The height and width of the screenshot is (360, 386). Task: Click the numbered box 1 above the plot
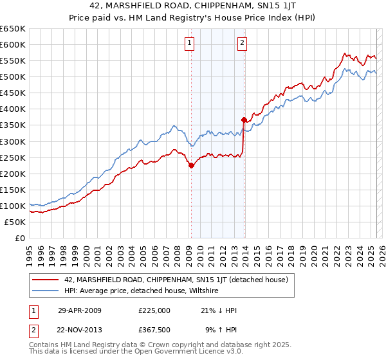click(190, 44)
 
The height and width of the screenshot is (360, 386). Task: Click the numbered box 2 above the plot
click(242, 44)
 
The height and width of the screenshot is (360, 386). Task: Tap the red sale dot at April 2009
click(191, 165)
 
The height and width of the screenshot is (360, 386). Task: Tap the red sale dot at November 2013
click(244, 119)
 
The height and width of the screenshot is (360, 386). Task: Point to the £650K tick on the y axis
click(13, 29)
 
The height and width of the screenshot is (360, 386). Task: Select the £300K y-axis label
click(13, 141)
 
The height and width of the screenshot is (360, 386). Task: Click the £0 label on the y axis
click(19, 239)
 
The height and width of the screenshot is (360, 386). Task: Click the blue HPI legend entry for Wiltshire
click(142, 291)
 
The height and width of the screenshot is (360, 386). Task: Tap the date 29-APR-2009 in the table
click(80, 310)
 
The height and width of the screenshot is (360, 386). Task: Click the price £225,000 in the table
click(154, 310)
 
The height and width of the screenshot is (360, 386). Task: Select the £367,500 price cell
click(154, 330)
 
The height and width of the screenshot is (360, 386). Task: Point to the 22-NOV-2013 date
click(80, 330)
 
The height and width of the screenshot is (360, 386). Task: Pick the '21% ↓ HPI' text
click(219, 310)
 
